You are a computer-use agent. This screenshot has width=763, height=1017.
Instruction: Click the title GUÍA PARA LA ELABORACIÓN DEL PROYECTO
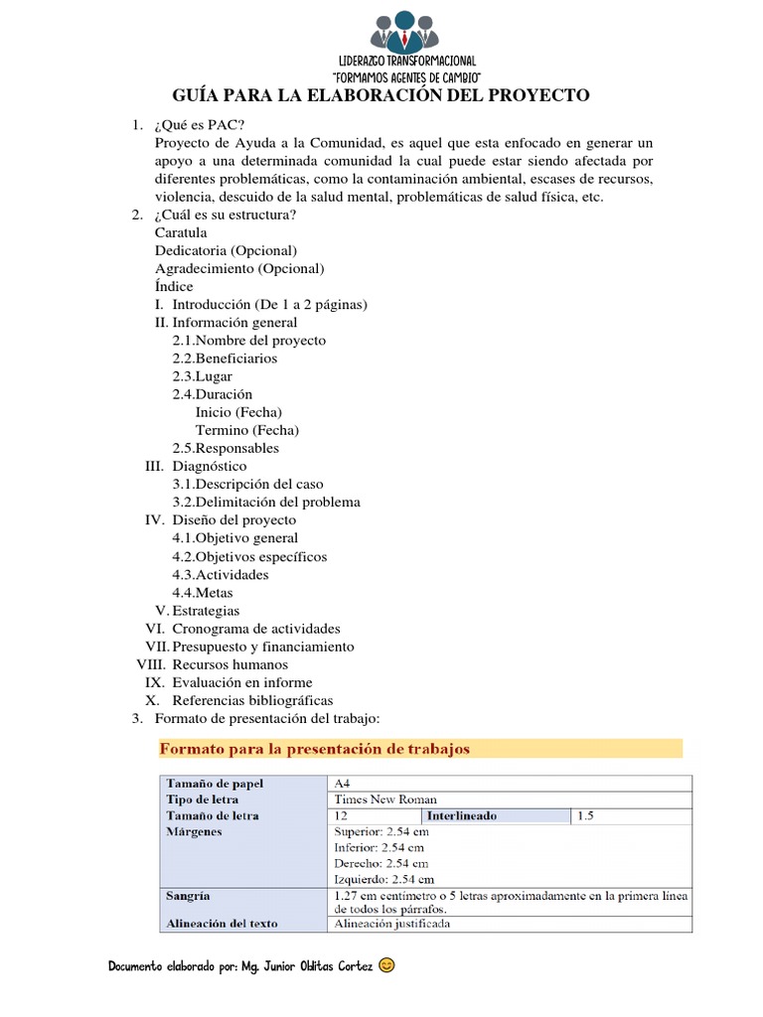pos(381,95)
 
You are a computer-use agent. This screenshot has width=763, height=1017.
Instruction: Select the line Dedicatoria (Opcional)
pos(226,250)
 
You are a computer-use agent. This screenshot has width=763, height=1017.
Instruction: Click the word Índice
pos(174,286)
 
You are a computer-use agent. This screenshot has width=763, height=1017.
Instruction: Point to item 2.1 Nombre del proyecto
pos(248,340)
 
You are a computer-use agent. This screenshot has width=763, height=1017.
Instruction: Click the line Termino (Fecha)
pos(246,430)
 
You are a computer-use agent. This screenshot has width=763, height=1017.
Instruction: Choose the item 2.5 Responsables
pos(226,448)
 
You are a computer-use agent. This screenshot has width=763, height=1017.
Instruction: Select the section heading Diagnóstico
pos(209,466)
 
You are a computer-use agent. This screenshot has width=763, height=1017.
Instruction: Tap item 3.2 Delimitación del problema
pos(266,502)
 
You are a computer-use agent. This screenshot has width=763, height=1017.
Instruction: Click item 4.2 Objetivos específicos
pos(249,556)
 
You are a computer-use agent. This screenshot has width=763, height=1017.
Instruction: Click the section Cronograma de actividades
pos(255,629)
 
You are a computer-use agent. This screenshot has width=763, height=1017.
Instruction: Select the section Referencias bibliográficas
pos(252,700)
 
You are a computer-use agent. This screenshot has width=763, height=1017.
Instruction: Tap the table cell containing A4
pos(343,783)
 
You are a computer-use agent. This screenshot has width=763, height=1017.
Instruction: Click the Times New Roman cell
pos(385,799)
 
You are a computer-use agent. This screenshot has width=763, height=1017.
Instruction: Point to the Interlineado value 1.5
pos(585,815)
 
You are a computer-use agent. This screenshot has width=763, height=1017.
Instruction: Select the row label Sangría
pos(188,895)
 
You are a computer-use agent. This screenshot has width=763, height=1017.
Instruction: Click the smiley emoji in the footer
pos(387,964)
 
